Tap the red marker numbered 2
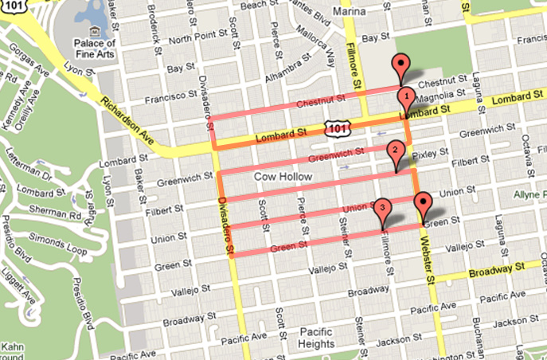[393, 151]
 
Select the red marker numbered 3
[383, 209]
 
